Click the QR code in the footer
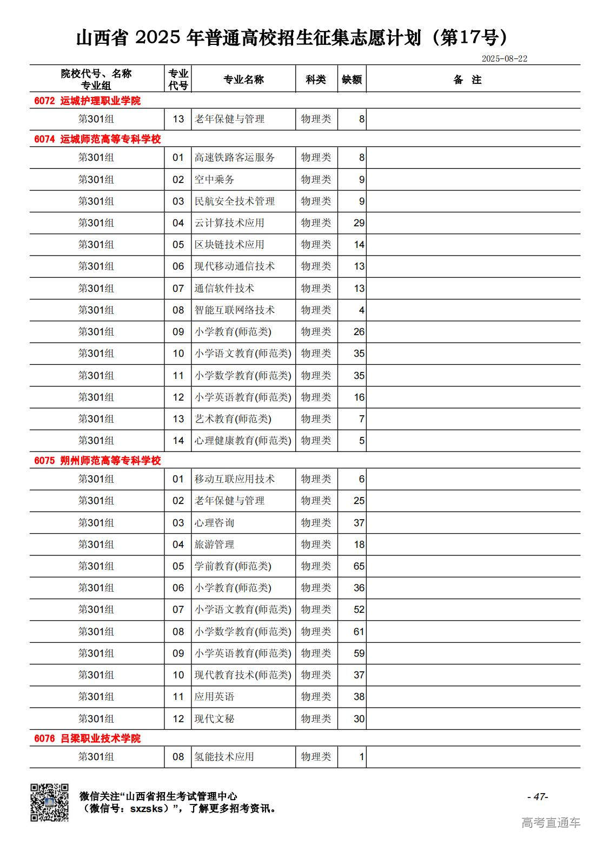tap(49, 802)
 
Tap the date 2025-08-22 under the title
tap(504, 58)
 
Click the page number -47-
tap(537, 796)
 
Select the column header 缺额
tap(352, 80)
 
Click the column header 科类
tap(316, 80)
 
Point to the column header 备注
tap(467, 80)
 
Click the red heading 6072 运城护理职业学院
tap(87, 101)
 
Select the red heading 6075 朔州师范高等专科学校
tap(97, 461)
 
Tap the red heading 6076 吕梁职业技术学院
tap(87, 738)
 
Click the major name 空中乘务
tap(214, 180)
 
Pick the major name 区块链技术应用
tap(229, 245)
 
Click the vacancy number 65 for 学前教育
tap(359, 566)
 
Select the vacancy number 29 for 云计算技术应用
tap(359, 223)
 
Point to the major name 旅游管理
tap(214, 545)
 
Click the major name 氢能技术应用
tap(224, 757)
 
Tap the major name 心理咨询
tap(214, 523)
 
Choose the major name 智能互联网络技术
tap(234, 310)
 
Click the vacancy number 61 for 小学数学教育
tap(359, 632)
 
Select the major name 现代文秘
tap(214, 719)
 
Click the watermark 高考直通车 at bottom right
tap(551, 823)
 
